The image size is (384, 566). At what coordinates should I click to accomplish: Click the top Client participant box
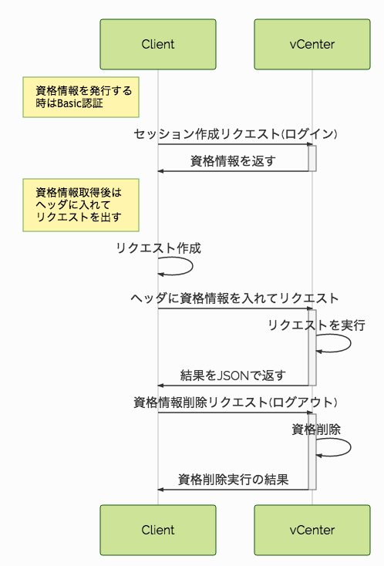pos(158,44)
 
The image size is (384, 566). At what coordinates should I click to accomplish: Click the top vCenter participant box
pos(312,44)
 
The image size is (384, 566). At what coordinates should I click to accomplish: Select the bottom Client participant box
pos(158,530)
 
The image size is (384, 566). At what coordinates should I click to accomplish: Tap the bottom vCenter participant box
pos(312,530)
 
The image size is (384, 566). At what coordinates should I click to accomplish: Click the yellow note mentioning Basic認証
pos(81,97)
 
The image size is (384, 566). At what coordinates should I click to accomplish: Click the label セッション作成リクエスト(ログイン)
pos(235,133)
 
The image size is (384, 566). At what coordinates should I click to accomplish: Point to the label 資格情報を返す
pos(233,160)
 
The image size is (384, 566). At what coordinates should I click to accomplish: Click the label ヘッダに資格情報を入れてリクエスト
pos(235,298)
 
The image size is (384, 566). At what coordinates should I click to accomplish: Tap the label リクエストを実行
pos(316,325)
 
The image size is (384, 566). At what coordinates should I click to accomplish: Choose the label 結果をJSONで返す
pos(233,376)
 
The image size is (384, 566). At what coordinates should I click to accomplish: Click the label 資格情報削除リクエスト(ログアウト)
pos(235,402)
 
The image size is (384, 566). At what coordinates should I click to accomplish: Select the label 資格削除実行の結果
pos(233,480)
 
